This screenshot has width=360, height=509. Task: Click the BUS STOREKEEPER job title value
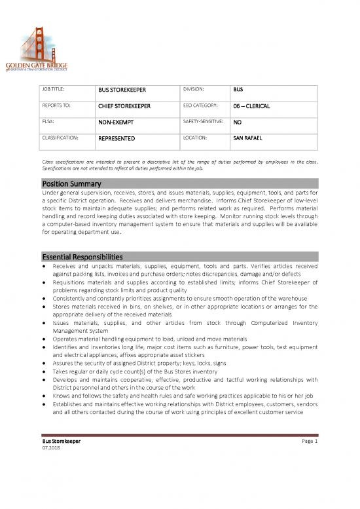coord(122,88)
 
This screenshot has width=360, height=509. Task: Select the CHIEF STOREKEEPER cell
coord(125,105)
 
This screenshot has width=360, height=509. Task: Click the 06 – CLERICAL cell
coord(252,105)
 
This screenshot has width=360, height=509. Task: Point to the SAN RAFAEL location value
coord(248,139)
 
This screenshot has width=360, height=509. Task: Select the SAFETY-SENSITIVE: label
coord(204,122)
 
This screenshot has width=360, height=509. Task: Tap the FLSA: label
coord(50,122)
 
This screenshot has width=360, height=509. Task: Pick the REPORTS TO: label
coord(57,105)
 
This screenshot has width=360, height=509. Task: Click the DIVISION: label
coord(196,88)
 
